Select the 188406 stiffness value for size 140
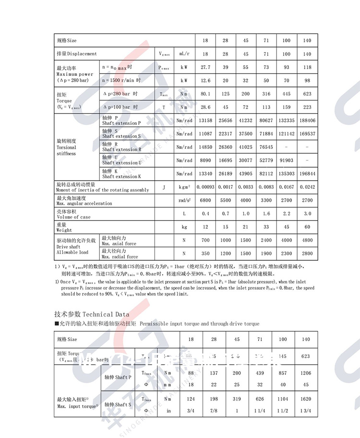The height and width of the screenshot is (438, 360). point(307,121)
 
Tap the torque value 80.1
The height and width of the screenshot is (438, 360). point(205,94)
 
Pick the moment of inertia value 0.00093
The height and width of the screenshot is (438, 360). point(205,187)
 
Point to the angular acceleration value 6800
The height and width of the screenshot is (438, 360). point(205,200)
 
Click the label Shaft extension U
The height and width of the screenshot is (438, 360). point(121,163)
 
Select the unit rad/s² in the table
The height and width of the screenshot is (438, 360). point(185,200)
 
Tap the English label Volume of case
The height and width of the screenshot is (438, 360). point(73,217)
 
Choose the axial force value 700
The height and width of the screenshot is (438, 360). point(205,240)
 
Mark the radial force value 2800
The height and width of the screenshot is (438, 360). point(307,253)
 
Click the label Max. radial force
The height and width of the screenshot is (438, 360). point(119,256)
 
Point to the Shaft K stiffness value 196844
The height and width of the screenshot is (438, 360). point(307,173)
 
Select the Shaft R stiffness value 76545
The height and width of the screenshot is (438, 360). point(266,147)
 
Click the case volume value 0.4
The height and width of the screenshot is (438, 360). point(205,213)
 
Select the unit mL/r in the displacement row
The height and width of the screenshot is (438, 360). point(185,54)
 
